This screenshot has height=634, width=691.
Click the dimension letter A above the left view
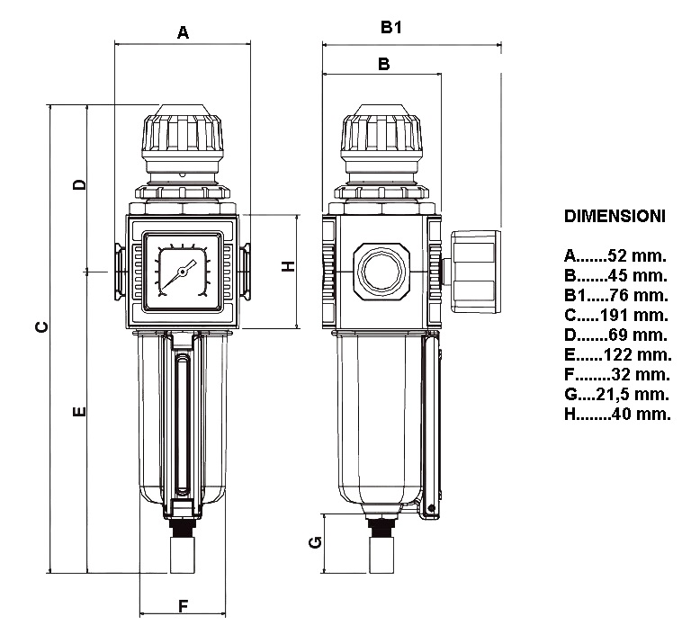[183, 32]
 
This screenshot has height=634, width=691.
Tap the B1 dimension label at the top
[390, 27]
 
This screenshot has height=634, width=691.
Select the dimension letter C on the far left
[42, 327]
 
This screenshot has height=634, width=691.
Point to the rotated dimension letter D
[79, 184]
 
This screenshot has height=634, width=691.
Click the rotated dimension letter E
[79, 412]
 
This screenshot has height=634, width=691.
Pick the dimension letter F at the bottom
[183, 606]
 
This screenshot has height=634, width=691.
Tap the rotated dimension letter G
[316, 542]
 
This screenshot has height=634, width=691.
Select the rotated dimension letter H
[288, 266]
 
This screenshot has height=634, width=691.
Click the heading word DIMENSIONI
[615, 216]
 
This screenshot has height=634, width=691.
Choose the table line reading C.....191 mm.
[616, 315]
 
